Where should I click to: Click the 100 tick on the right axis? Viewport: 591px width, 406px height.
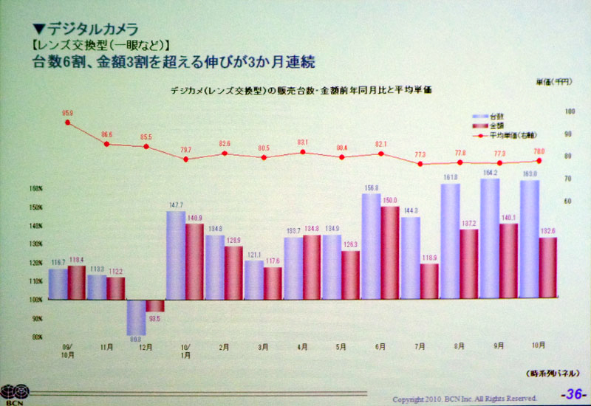(x=549, y=111)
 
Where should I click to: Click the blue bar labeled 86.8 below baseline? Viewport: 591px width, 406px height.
(x=136, y=317)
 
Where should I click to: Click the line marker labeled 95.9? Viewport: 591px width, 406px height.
(x=68, y=123)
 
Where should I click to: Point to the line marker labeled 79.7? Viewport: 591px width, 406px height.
(x=185, y=159)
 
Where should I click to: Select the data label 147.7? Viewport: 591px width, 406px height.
(x=175, y=205)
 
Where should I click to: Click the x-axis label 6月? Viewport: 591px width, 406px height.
(x=381, y=346)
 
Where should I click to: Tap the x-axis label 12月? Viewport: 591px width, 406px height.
(x=146, y=346)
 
